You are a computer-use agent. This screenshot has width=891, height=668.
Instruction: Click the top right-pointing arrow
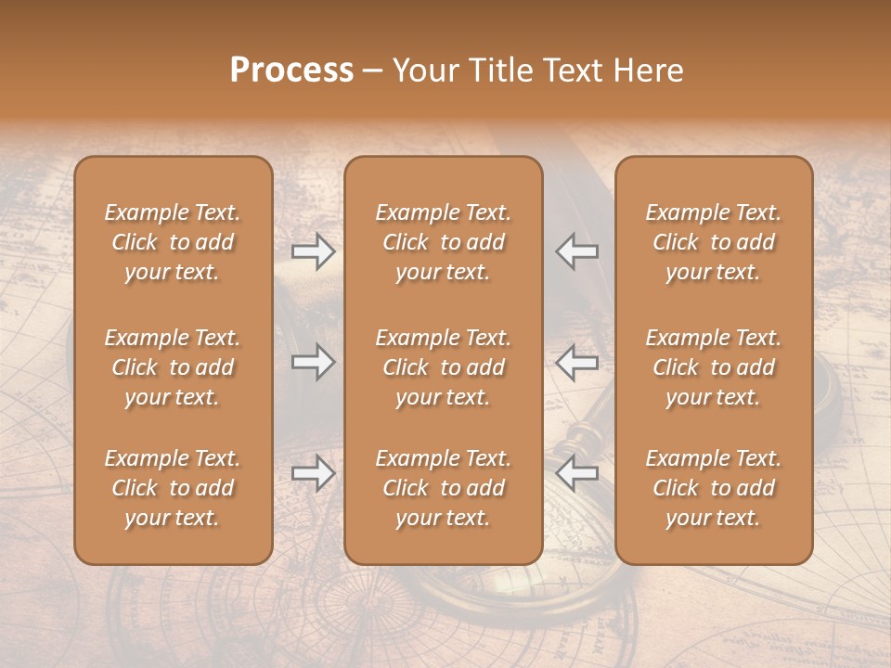tap(313, 251)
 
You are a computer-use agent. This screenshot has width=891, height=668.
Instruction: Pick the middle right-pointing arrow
tap(313, 362)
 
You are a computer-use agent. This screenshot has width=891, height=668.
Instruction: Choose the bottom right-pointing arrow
tap(313, 473)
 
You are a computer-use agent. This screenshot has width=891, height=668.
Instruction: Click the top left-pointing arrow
tap(577, 251)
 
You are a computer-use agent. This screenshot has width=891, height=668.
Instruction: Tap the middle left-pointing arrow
tap(577, 362)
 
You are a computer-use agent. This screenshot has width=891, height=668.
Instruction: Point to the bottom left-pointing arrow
tap(577, 473)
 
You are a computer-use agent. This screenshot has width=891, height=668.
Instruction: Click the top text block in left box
tap(173, 242)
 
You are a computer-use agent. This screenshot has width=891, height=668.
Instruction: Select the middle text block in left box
tap(173, 367)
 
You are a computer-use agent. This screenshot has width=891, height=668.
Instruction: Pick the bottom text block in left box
tap(173, 488)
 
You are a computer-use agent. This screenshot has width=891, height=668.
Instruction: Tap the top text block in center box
tap(443, 242)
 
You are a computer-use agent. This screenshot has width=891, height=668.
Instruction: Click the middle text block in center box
tap(443, 367)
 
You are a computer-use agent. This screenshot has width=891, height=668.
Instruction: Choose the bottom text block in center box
tap(443, 488)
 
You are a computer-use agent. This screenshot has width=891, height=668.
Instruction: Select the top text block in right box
tap(713, 242)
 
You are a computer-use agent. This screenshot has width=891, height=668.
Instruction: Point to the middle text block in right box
tap(713, 367)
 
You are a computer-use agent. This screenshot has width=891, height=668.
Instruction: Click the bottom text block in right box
tap(713, 488)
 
